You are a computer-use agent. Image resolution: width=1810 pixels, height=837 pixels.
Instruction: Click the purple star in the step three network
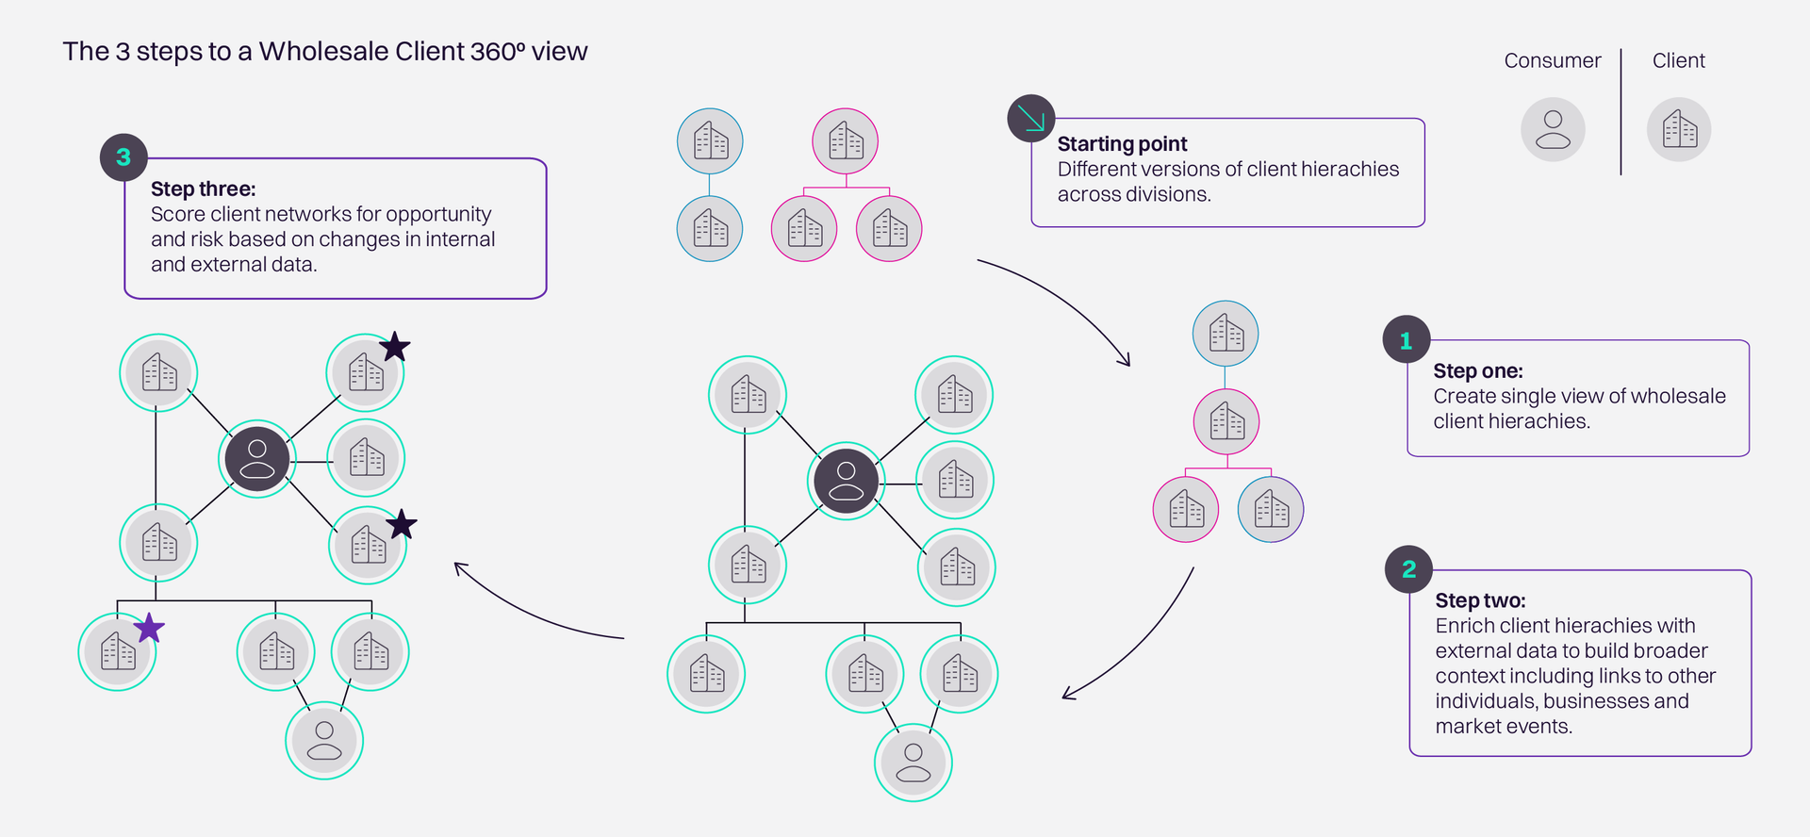click(149, 628)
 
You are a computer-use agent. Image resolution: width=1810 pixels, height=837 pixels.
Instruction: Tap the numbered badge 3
click(123, 157)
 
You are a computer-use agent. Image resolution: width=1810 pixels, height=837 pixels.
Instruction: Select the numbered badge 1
click(1406, 340)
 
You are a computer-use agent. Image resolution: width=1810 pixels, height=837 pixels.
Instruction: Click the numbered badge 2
click(1408, 569)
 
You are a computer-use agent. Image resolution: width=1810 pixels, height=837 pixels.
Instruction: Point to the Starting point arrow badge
click(1031, 119)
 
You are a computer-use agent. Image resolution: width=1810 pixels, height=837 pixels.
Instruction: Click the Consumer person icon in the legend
click(1553, 130)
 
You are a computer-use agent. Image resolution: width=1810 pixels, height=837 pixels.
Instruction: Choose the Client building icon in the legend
click(1679, 130)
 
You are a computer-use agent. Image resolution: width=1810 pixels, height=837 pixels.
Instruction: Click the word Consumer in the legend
click(1552, 61)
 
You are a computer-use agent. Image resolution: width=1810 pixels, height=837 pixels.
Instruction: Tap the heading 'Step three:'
click(203, 189)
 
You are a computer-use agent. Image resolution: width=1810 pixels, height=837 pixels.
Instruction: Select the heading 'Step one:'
click(1477, 371)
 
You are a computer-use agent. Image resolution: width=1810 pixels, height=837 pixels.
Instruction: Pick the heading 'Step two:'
click(1480, 601)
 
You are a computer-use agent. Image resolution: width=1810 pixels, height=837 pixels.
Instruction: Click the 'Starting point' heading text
click(1122, 144)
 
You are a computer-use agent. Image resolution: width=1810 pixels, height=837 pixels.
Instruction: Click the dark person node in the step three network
click(257, 459)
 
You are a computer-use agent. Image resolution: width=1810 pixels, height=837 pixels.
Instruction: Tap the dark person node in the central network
click(846, 481)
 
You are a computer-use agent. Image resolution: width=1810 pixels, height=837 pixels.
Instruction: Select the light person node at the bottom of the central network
click(913, 763)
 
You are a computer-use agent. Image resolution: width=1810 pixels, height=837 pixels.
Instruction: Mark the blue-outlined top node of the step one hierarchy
click(1226, 334)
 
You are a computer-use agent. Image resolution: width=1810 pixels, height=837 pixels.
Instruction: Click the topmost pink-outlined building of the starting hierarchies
click(846, 141)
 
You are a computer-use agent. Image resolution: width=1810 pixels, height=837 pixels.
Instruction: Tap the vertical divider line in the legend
click(1621, 111)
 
